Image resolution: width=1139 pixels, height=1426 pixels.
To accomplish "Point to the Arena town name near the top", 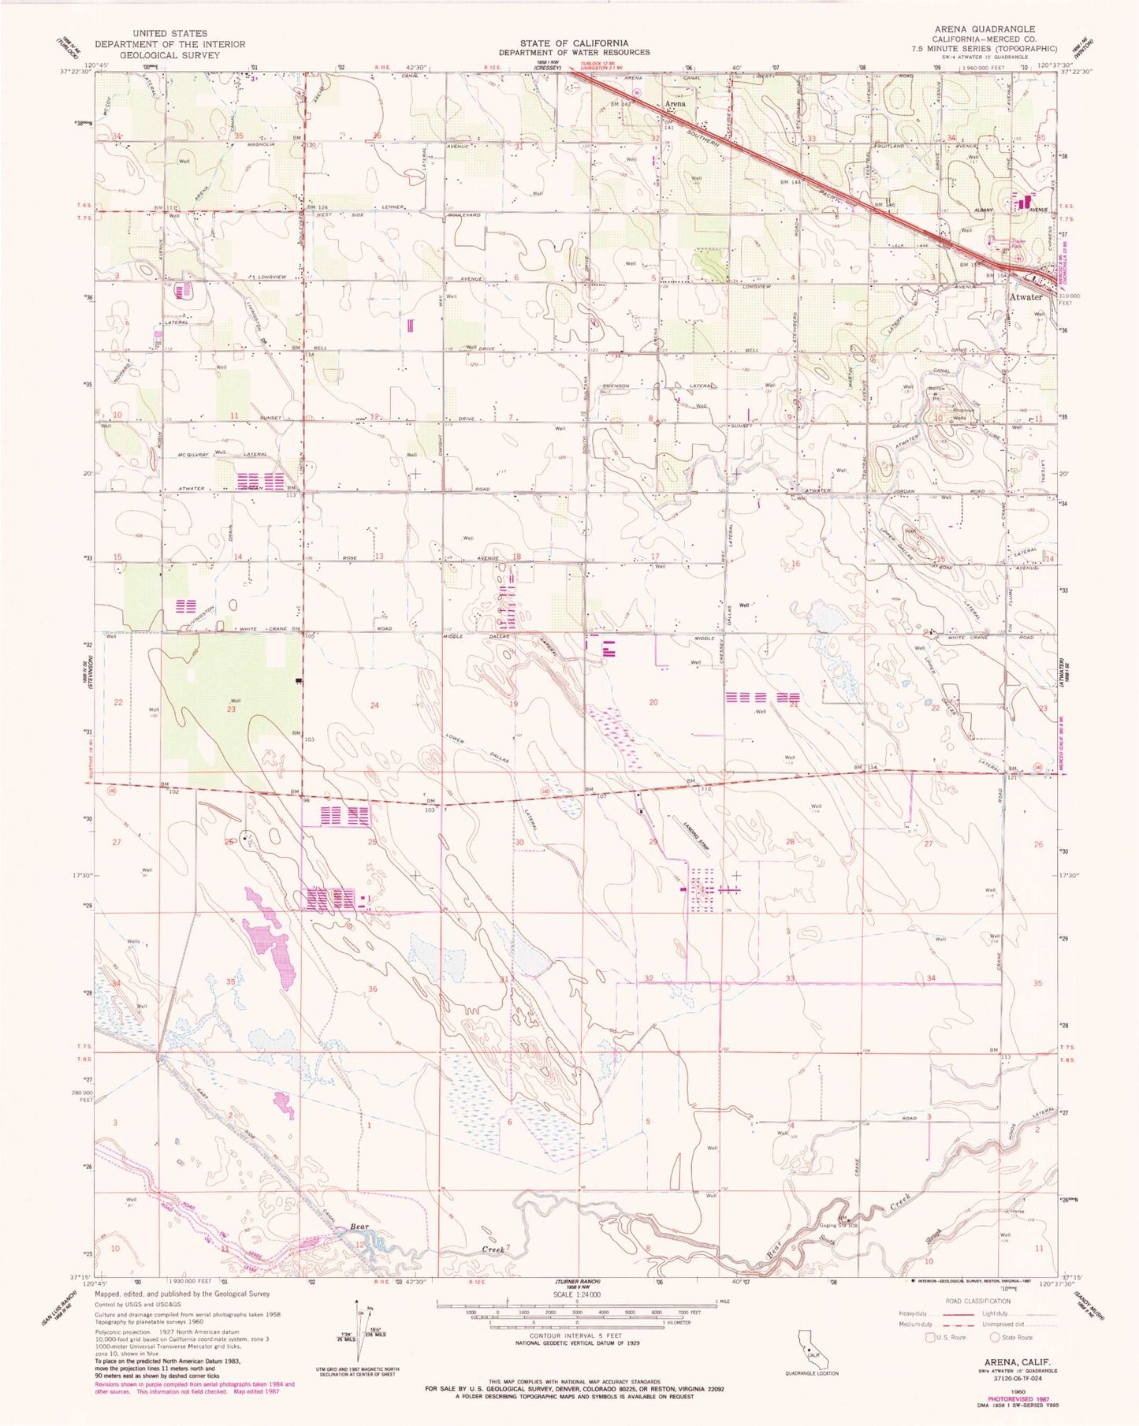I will pyautogui.click(x=675, y=103).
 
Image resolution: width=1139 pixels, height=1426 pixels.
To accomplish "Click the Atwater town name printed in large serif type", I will pyautogui.click(x=1026, y=297).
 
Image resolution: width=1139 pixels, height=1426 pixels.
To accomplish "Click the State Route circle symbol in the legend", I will pyautogui.click(x=996, y=1337).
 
